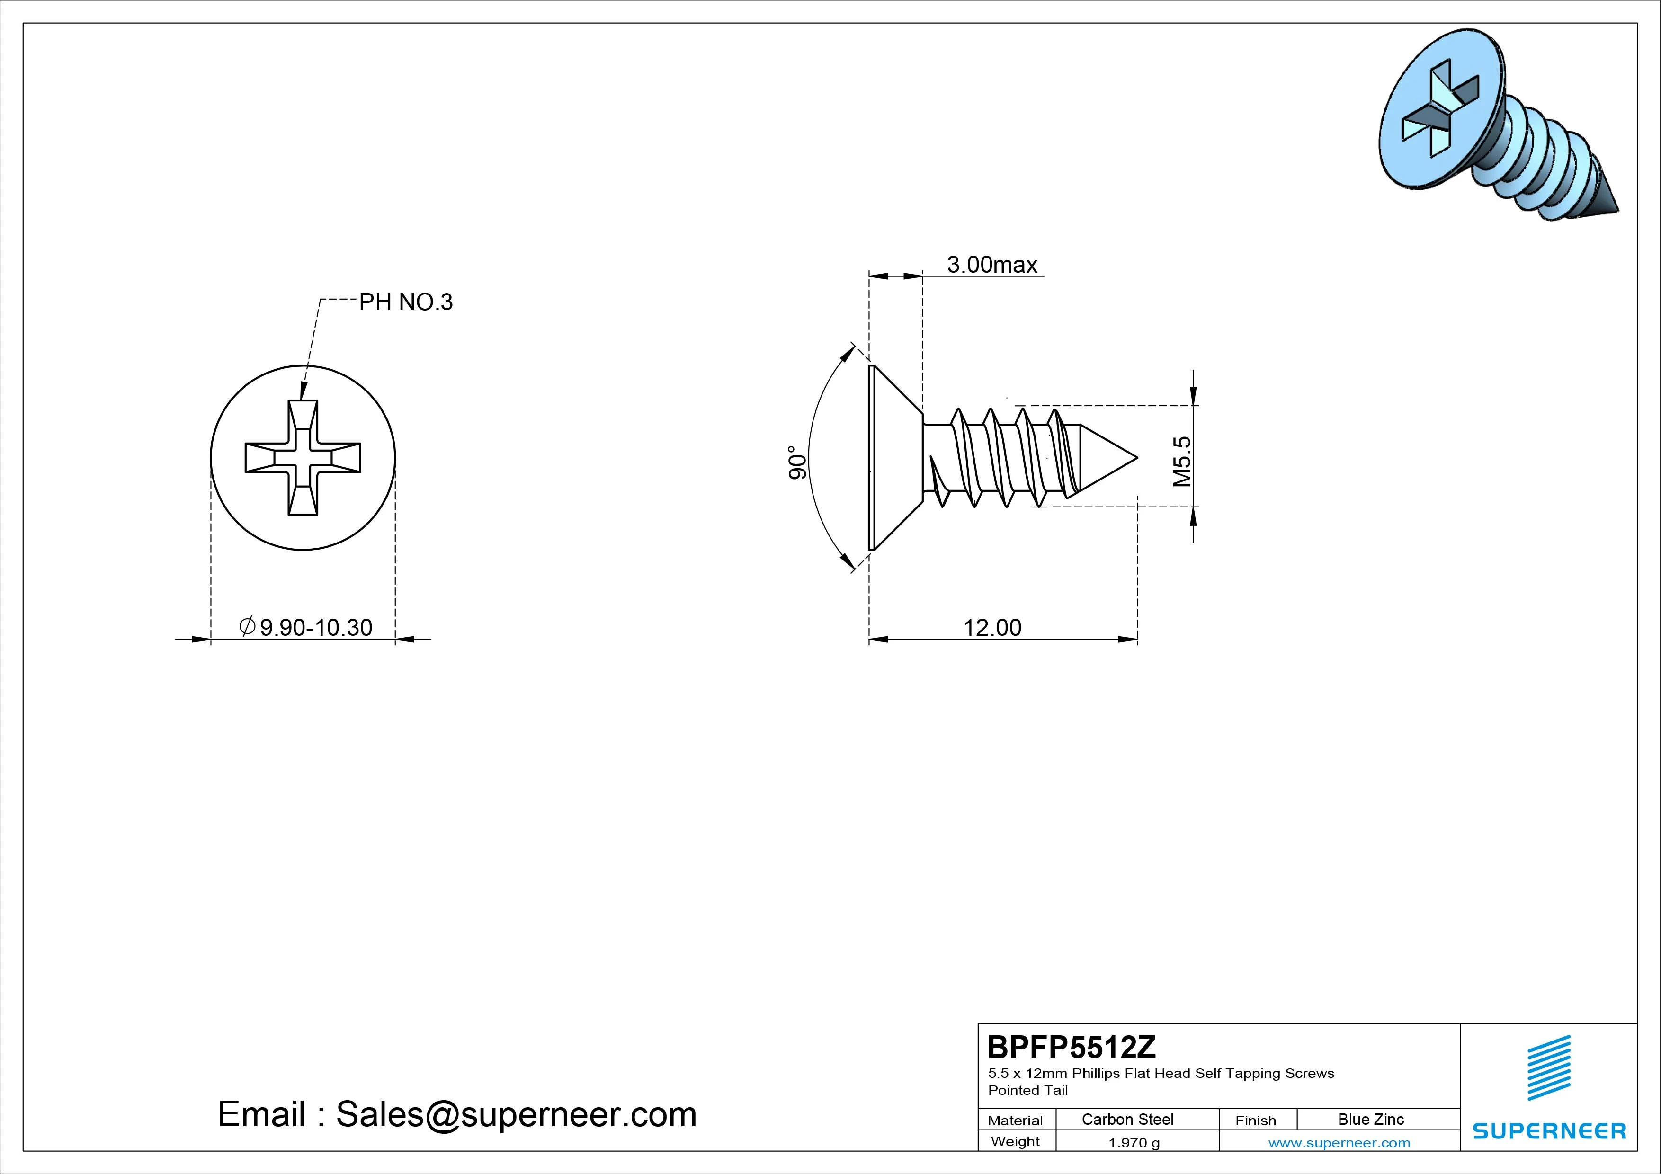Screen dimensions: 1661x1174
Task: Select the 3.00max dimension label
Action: (992, 265)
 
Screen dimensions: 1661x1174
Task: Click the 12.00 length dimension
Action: (992, 627)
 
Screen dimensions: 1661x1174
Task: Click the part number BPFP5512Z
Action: (1072, 1047)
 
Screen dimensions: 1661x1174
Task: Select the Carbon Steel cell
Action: (1127, 1119)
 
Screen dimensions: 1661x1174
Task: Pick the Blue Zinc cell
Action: (1371, 1119)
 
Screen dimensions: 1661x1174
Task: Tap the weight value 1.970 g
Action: (1134, 1143)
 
